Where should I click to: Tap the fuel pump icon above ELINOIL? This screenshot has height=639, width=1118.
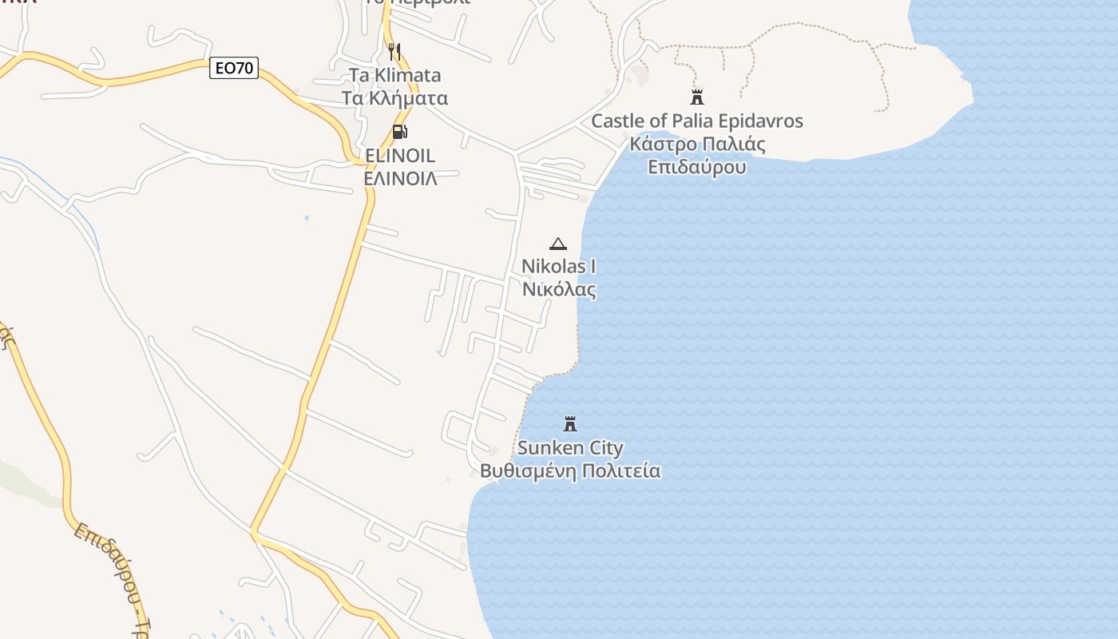tap(399, 132)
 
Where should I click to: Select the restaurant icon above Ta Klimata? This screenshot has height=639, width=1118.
tap(394, 52)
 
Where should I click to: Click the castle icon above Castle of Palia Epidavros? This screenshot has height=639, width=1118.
tap(697, 97)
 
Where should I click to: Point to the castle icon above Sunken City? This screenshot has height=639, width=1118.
tap(570, 423)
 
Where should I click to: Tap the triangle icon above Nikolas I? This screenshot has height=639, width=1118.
tap(558, 244)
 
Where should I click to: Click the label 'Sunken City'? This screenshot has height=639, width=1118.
tap(570, 447)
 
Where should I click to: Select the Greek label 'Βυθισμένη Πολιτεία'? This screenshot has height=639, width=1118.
tap(570, 470)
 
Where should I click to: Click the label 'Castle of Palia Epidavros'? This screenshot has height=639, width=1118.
tap(697, 121)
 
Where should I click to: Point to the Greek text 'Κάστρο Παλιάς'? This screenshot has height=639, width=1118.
tap(697, 145)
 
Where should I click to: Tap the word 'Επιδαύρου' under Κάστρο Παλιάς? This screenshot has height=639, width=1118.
tap(697, 168)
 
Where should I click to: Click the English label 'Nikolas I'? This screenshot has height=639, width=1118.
tap(558, 266)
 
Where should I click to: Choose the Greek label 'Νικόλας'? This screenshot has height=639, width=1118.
tap(558, 289)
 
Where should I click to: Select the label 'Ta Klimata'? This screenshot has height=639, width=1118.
tap(394, 76)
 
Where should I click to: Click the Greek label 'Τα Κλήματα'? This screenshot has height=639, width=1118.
tap(394, 98)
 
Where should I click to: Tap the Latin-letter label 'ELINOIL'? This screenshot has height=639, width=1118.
tap(400, 155)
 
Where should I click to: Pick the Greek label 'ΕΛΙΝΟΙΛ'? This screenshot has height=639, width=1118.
tap(400, 178)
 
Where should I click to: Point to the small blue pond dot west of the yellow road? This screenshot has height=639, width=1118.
tap(307, 218)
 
